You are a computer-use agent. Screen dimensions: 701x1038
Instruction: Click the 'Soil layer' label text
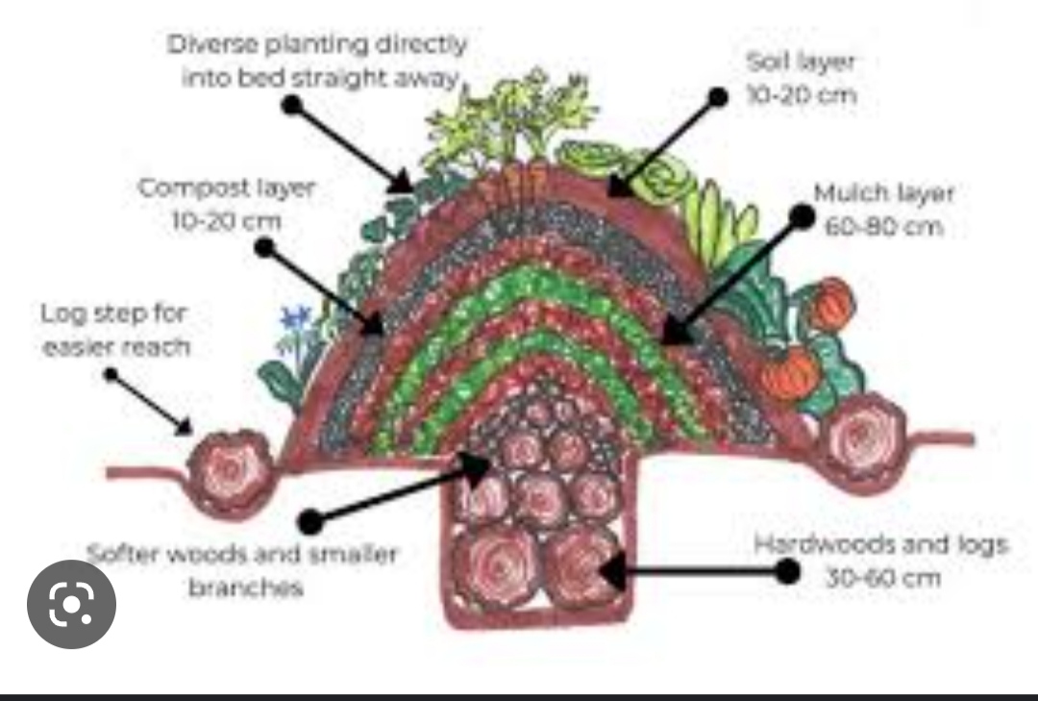801,63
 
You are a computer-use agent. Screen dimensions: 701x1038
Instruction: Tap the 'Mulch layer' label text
883,193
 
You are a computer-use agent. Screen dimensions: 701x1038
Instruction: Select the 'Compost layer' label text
227,188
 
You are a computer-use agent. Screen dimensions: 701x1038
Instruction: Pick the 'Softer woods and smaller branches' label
242,570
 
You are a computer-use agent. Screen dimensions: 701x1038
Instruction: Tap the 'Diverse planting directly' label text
317,44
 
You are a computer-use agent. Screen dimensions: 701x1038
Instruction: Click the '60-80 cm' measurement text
883,228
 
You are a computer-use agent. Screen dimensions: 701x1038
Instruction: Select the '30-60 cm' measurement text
882,579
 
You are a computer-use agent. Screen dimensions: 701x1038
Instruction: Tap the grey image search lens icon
71,604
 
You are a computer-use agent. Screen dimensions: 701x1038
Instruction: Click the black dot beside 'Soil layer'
717,96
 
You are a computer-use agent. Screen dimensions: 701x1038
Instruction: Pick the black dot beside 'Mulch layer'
801,217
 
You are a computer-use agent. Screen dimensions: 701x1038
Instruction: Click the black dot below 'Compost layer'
264,246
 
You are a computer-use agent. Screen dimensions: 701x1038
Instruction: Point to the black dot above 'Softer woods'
309,522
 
